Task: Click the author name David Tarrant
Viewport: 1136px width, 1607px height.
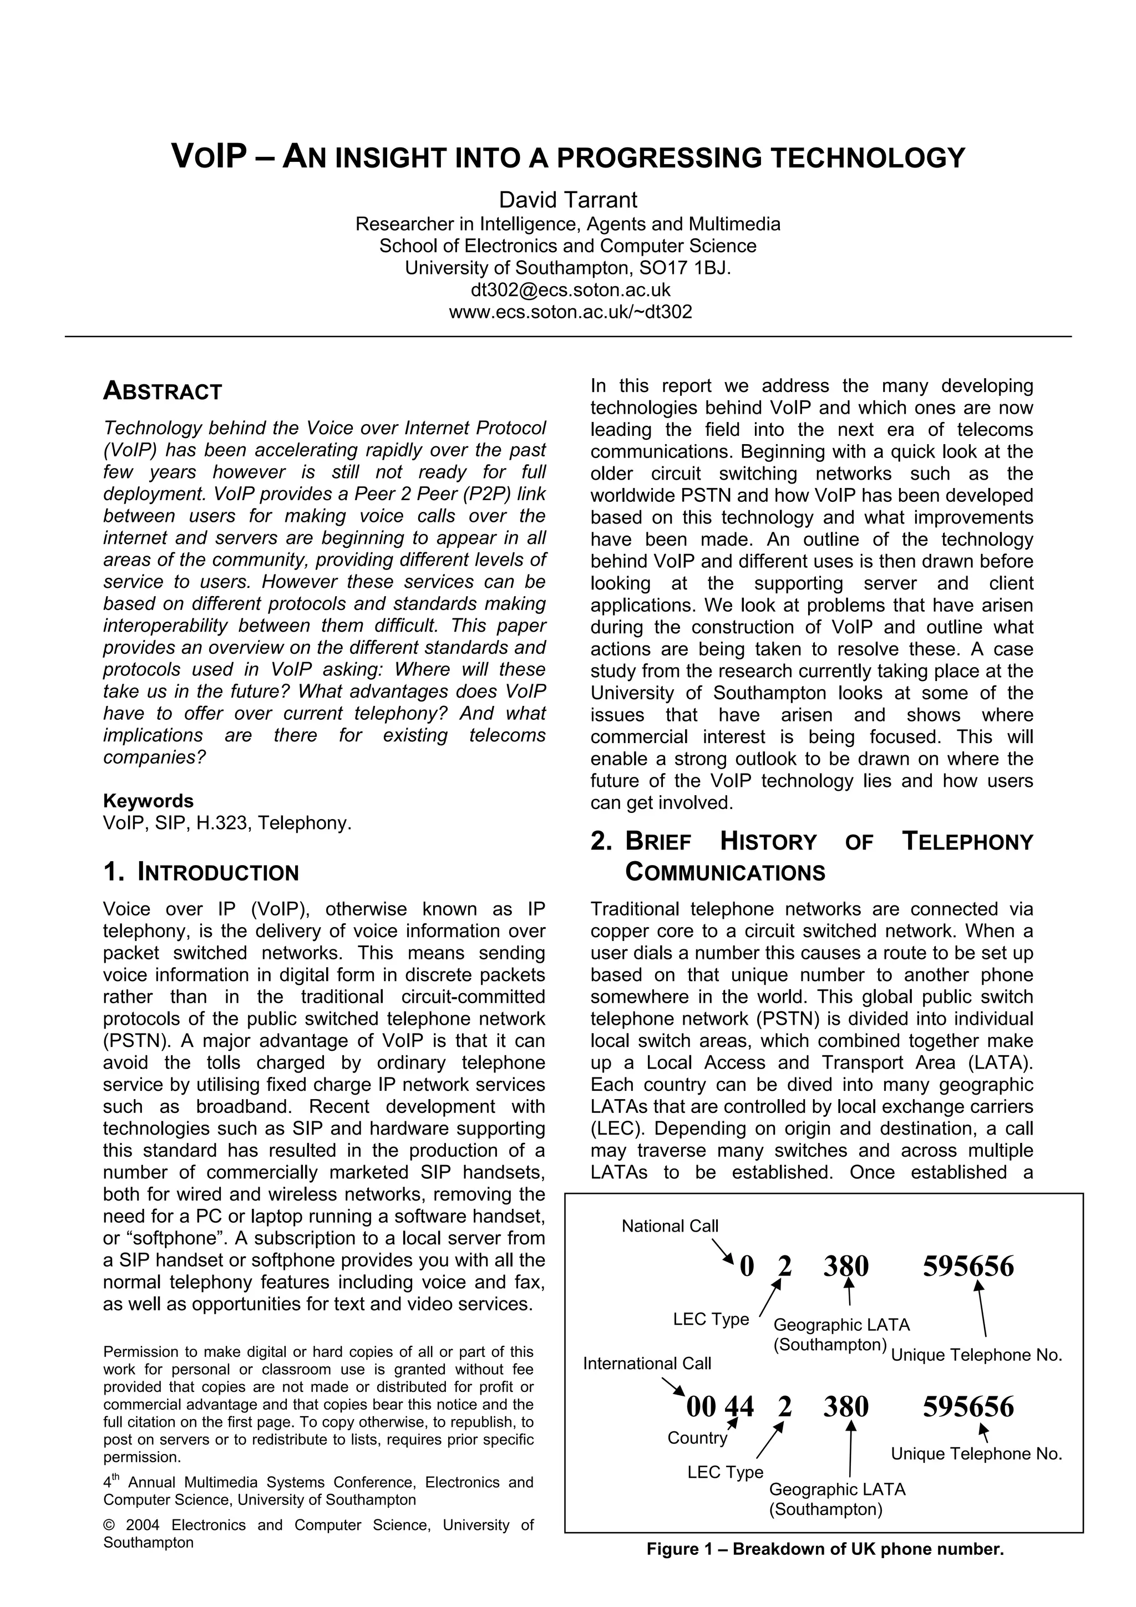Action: click(567, 200)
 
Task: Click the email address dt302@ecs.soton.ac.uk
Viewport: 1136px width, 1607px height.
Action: click(570, 290)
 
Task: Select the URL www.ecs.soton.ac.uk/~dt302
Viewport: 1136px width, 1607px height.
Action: click(570, 312)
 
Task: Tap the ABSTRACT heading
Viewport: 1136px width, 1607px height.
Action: click(163, 391)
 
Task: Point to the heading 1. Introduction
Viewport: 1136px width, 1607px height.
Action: click(201, 873)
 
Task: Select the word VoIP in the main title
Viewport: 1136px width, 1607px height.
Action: click(209, 157)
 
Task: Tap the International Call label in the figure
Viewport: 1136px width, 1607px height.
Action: click(647, 1362)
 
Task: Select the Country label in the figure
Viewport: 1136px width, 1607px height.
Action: click(697, 1438)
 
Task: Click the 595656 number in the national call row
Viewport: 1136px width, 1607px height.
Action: click(968, 1266)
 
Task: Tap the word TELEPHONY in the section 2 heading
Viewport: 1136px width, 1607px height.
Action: click(967, 841)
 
